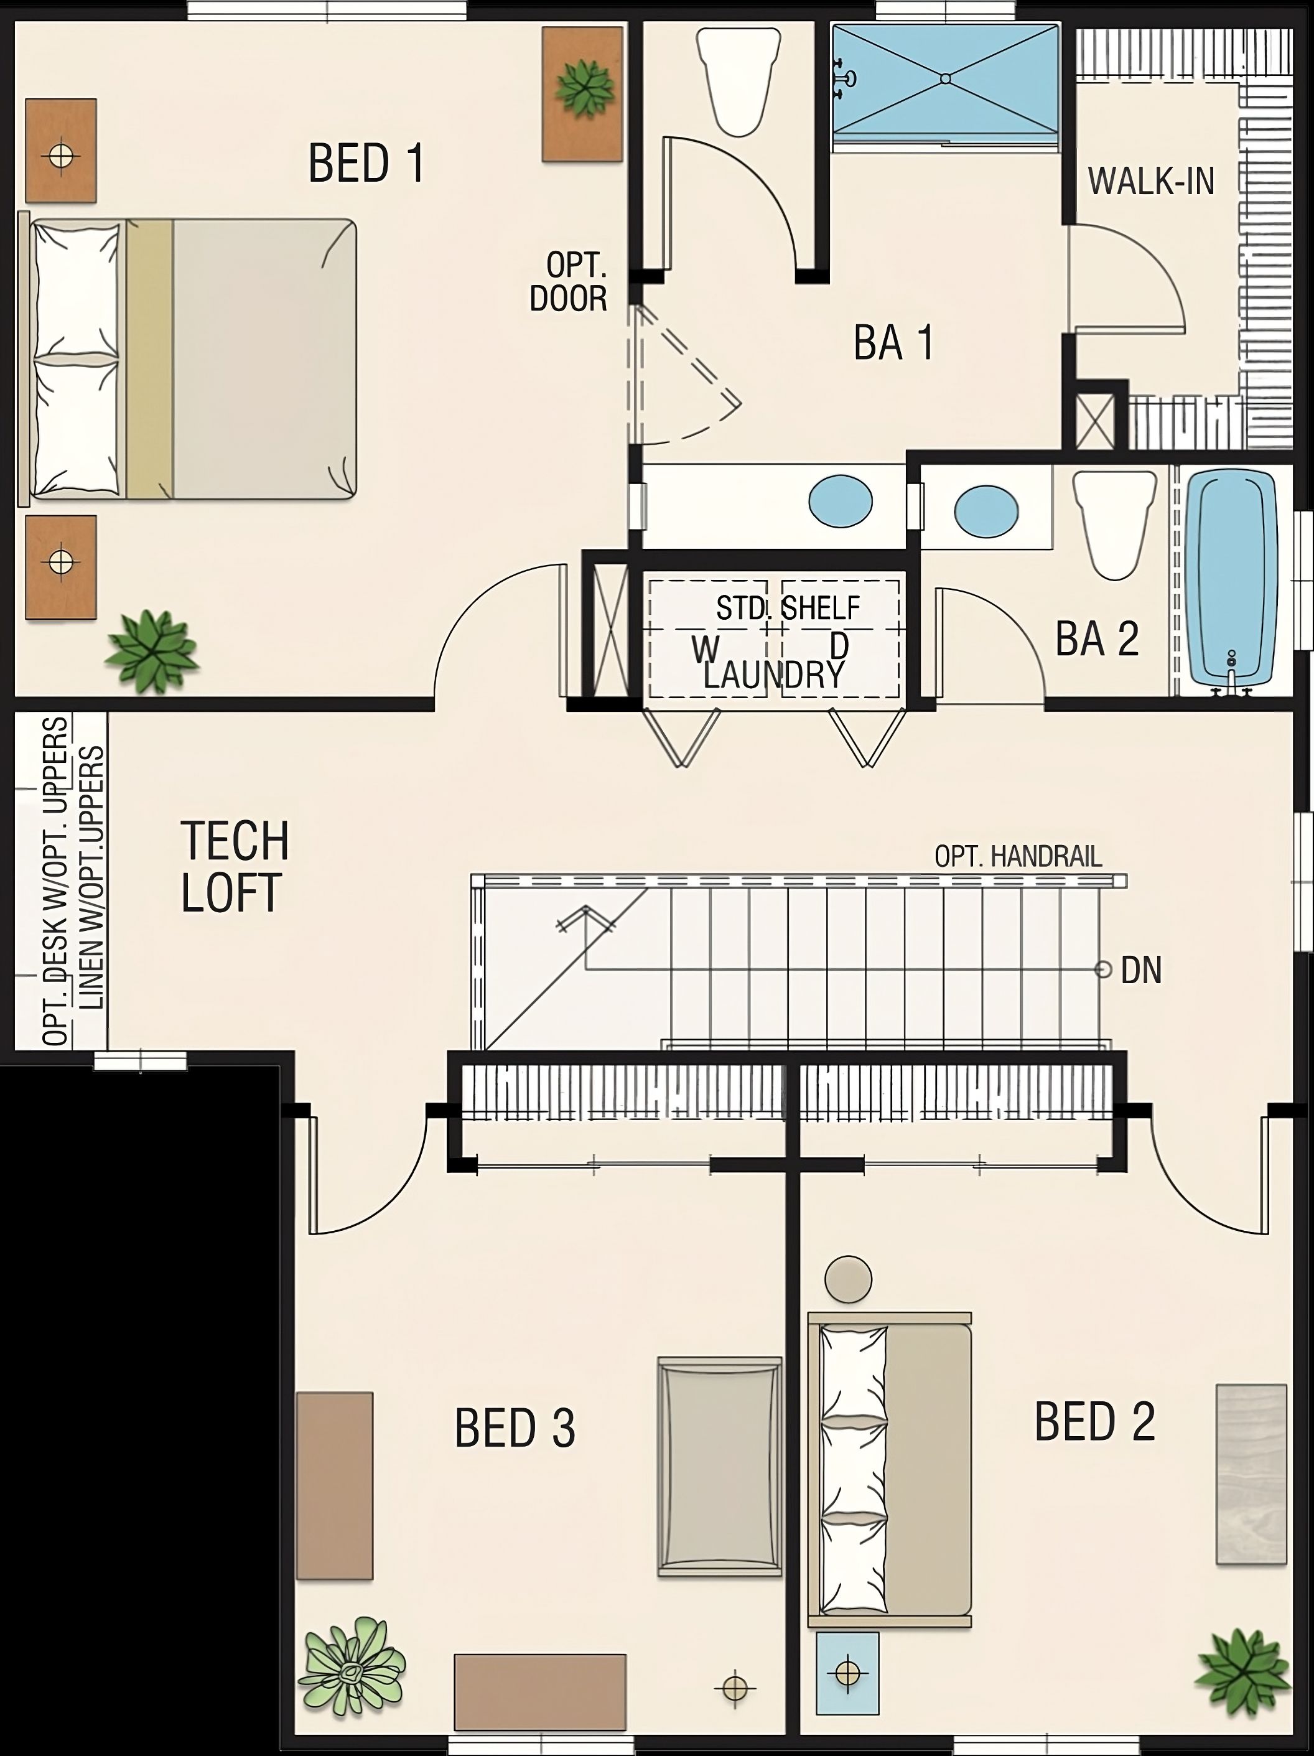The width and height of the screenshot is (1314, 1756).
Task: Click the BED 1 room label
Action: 366,164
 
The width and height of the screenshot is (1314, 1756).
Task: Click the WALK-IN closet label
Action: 1151,182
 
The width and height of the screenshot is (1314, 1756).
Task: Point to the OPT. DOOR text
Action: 569,282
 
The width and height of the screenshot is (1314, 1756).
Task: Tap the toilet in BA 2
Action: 1114,524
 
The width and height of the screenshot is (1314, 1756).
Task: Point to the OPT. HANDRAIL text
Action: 1018,857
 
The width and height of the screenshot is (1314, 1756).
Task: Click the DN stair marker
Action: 1140,970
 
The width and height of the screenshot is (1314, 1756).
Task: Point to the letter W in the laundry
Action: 705,650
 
